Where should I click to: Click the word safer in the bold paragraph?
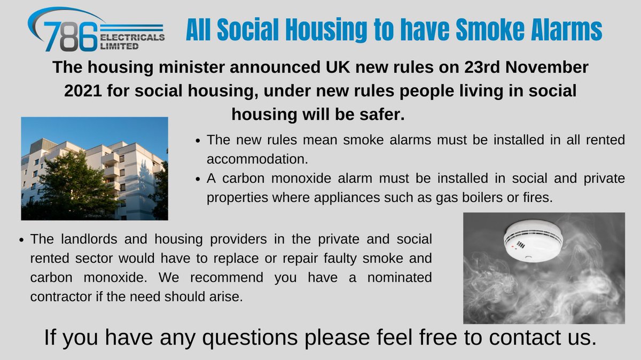click(380, 114)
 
